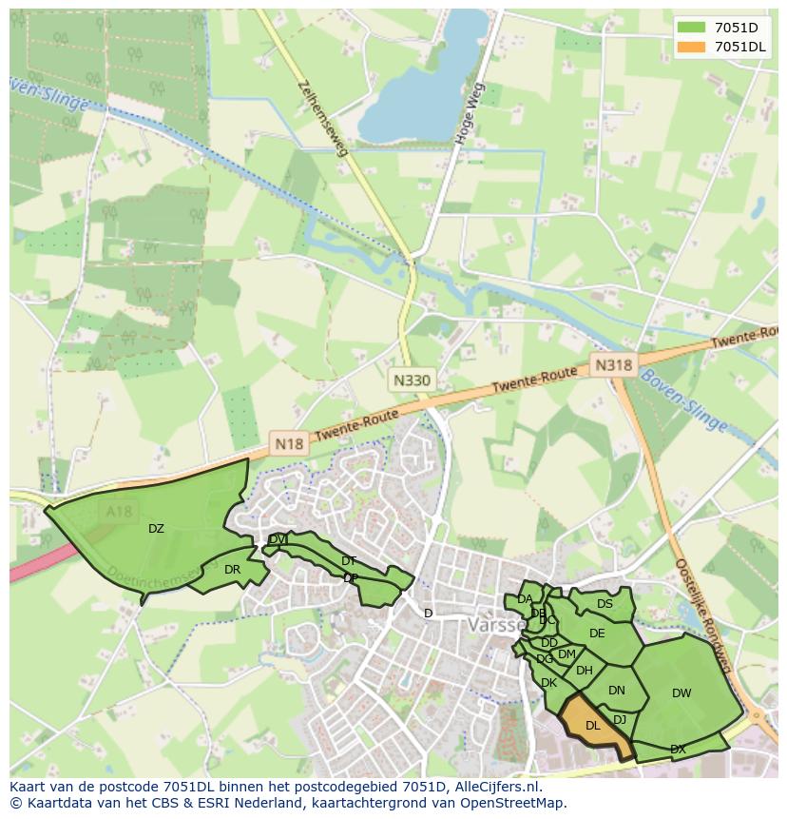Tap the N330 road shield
pyautogui.click(x=412, y=380)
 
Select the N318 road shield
pyautogui.click(x=613, y=364)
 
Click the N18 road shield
pyautogui.click(x=289, y=442)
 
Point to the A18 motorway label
pyautogui.click(x=120, y=512)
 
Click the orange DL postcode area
pyautogui.click(x=592, y=726)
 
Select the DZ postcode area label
pyautogui.click(x=156, y=529)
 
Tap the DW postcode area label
pyautogui.click(x=681, y=693)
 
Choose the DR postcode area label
pyautogui.click(x=232, y=570)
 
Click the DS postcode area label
pyautogui.click(x=605, y=603)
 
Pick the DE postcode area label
pyautogui.click(x=597, y=634)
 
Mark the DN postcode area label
pyautogui.click(x=617, y=691)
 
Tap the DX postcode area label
pyautogui.click(x=678, y=750)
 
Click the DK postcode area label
pyautogui.click(x=548, y=682)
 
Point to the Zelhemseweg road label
pyautogui.click(x=322, y=117)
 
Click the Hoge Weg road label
pyautogui.click(x=470, y=112)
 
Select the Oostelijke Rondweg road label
pyautogui.click(x=701, y=614)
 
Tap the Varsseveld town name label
pyautogui.click(x=494, y=625)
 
